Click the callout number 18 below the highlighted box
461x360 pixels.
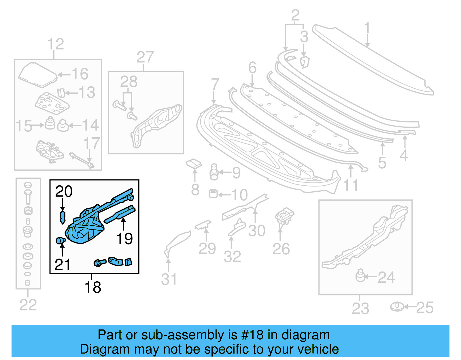tap(93, 287)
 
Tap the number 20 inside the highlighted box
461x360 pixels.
tap(64, 191)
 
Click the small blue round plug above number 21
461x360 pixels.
tap(60, 240)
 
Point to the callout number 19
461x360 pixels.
tap(124, 239)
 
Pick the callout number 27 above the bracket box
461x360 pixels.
tap(145, 57)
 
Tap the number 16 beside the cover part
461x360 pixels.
tap(80, 74)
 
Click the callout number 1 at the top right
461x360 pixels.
tap(367, 29)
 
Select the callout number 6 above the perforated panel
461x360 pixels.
tap(252, 68)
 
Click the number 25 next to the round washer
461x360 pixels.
tap(425, 308)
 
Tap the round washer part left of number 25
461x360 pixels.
tap(397, 307)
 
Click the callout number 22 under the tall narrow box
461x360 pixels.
tap(28, 305)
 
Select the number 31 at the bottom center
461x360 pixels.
tap(169, 279)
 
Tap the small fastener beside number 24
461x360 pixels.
tap(360, 276)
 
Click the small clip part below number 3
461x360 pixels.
tap(304, 62)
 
